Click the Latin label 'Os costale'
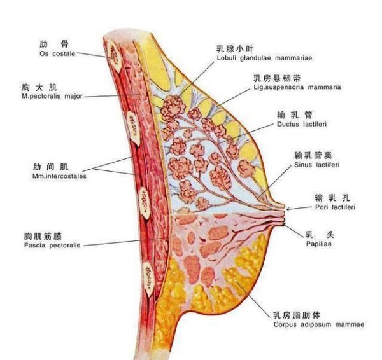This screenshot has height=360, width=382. (57, 53)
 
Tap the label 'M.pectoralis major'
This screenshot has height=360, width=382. (52, 96)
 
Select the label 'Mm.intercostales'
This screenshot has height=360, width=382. (59, 176)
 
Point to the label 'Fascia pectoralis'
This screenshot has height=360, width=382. (52, 245)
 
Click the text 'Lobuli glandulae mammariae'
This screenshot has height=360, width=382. (264, 58)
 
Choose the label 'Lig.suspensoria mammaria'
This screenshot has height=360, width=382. (297, 87)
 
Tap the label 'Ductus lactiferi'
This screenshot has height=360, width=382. (302, 124)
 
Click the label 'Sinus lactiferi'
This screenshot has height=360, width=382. (316, 165)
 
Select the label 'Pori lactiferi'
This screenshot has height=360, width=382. (335, 207)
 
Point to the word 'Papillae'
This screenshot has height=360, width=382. (319, 244)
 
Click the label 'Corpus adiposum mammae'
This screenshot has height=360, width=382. (319, 324)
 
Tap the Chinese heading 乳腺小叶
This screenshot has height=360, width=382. (235, 49)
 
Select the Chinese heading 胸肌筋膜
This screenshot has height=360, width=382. (43, 236)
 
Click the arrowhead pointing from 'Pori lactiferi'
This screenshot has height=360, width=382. (288, 209)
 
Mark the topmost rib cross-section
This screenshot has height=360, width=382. (115, 57)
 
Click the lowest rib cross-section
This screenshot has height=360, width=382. (149, 279)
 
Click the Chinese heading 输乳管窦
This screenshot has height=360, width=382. (313, 155)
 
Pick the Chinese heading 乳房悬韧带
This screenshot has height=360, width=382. (277, 78)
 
